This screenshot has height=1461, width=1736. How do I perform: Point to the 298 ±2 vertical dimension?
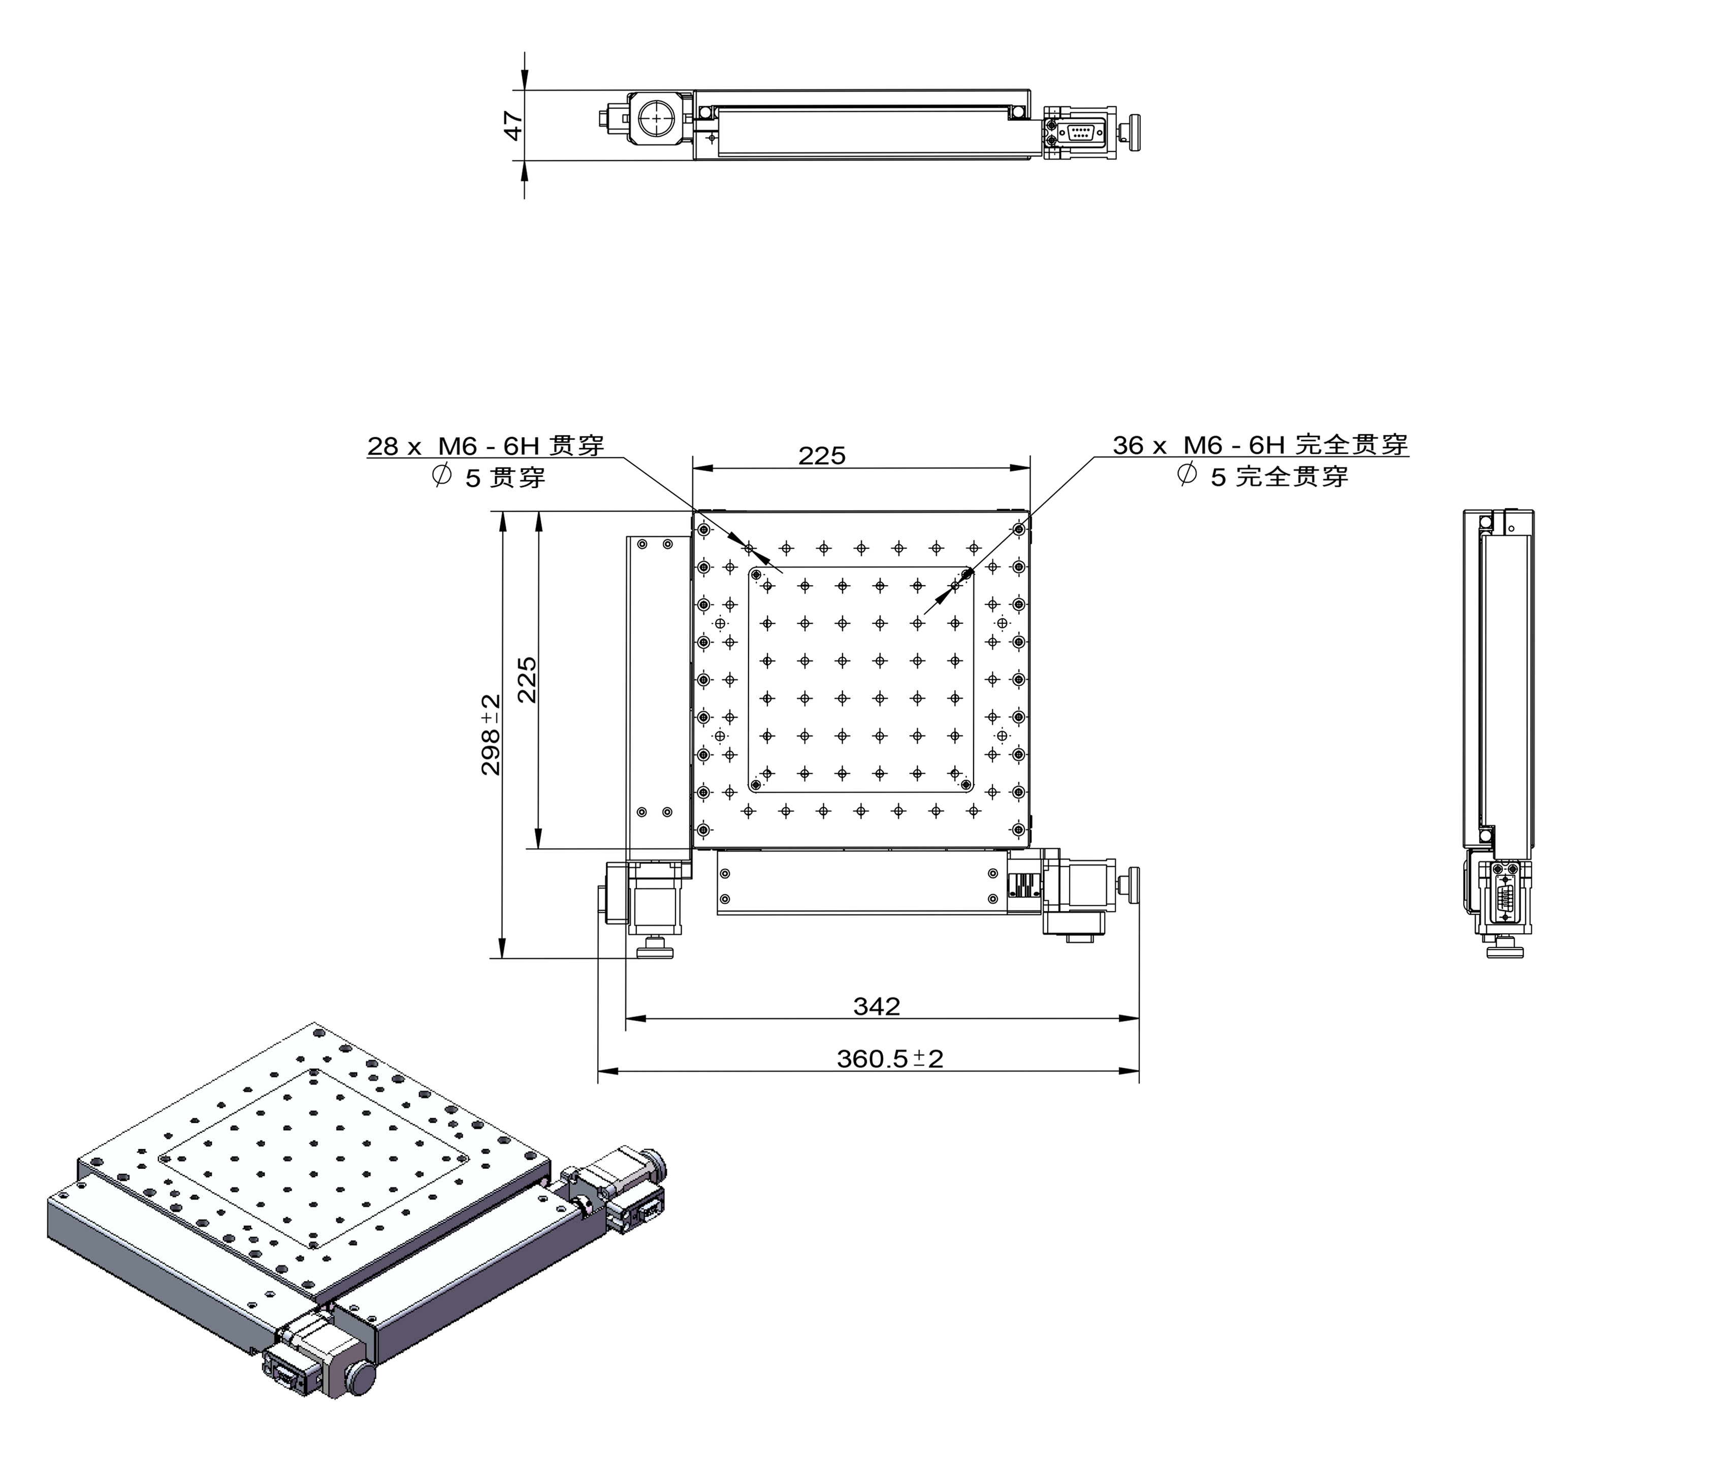click(x=491, y=735)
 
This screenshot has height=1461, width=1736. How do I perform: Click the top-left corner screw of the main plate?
click(x=703, y=529)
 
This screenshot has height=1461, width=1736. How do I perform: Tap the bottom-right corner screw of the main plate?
click(x=1018, y=829)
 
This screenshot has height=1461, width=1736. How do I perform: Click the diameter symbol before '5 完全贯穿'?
click(x=1186, y=475)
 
